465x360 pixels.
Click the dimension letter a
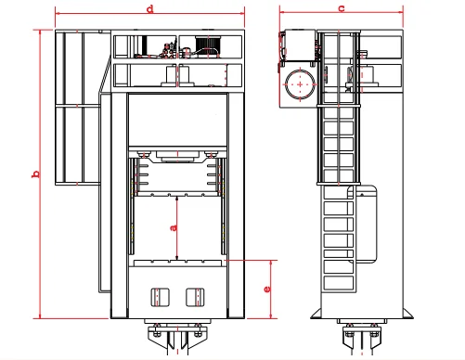click(x=174, y=226)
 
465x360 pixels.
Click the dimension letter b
click(x=35, y=174)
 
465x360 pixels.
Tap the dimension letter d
click(x=150, y=7)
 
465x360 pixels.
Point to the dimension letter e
click(x=267, y=289)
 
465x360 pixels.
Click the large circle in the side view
click(x=300, y=84)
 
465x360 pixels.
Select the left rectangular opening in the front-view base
click(x=159, y=296)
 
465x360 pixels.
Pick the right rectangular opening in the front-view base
click(x=195, y=296)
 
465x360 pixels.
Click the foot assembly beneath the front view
click(x=177, y=339)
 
